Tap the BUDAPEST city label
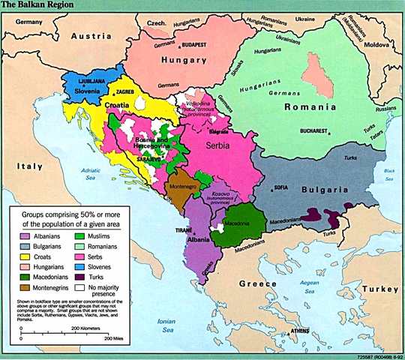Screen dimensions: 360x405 click(x=190, y=44)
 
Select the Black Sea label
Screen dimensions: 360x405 click(x=388, y=174)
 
